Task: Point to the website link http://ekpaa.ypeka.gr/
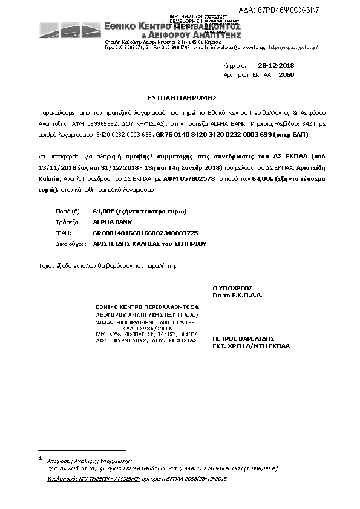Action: pyautogui.click(x=293, y=47)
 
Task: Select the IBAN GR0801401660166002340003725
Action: pyautogui.click(x=145, y=233)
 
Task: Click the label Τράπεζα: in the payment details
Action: pyautogui.click(x=65, y=222)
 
